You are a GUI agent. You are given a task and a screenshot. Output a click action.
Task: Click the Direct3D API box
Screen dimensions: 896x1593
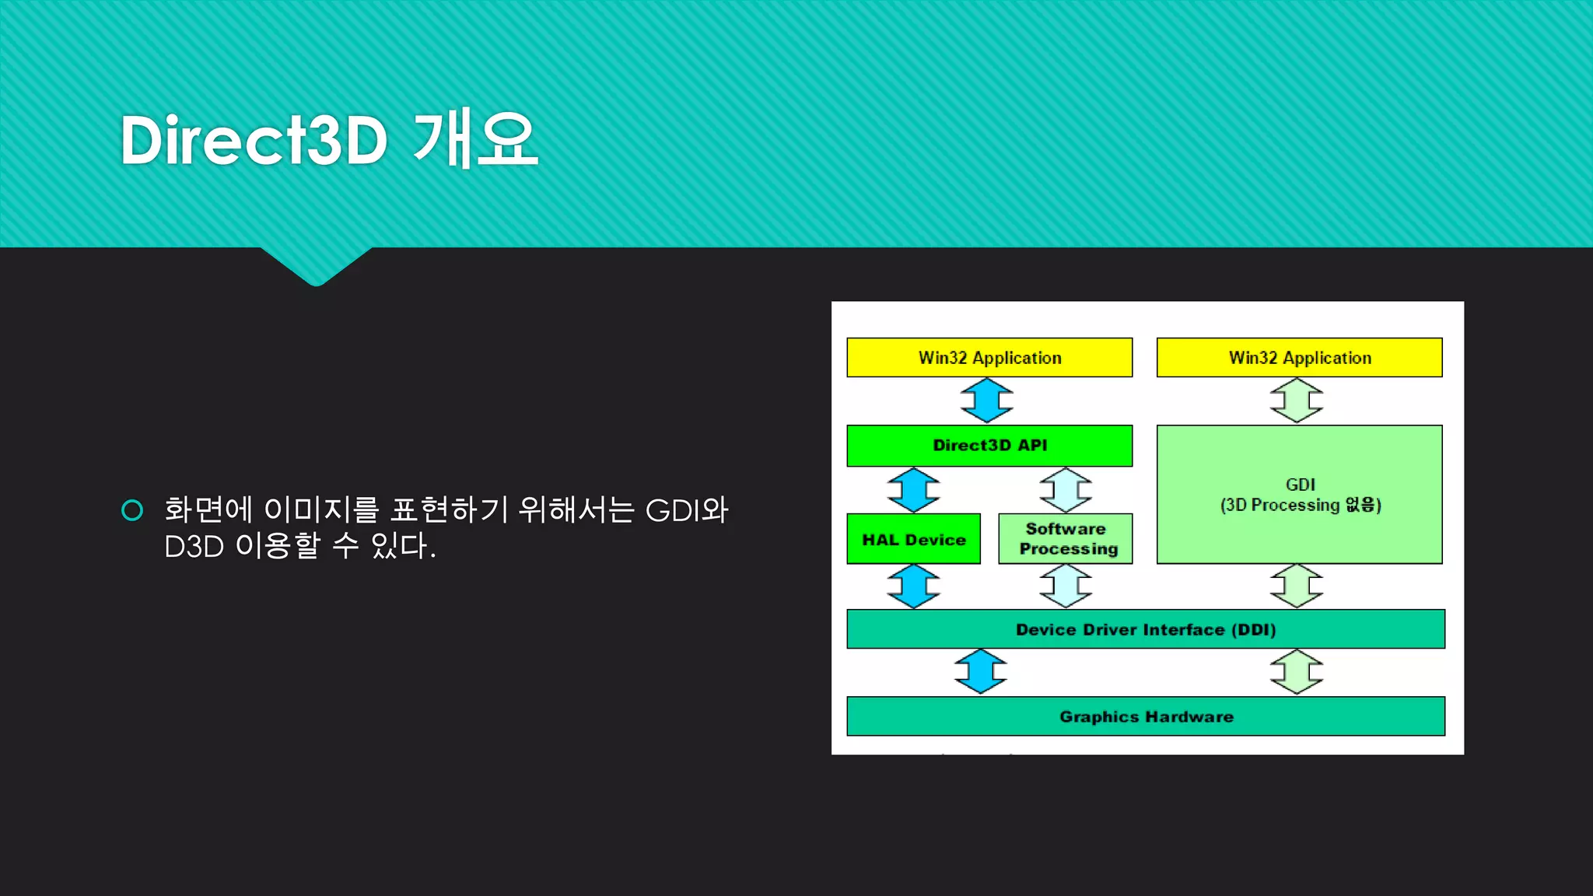point(989,446)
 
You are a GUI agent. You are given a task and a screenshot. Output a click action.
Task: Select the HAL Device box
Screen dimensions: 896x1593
point(913,539)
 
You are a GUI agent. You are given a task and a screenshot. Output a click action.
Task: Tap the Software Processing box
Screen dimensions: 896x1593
point(1066,539)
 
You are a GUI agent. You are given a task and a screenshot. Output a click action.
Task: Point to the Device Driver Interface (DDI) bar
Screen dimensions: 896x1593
point(1146,629)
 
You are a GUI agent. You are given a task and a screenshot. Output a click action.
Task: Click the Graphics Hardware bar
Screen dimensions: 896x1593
point(1146,716)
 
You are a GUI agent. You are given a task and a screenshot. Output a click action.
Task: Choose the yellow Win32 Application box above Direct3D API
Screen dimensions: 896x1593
point(989,358)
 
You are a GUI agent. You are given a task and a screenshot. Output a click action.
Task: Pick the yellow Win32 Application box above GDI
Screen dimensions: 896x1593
point(1299,358)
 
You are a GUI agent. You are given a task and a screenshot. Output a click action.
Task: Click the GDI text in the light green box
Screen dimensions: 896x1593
point(1300,485)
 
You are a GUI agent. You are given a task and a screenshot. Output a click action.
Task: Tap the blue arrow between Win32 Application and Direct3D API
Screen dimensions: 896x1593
point(986,401)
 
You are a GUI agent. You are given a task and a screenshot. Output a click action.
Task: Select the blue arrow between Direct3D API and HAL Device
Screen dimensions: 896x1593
point(914,490)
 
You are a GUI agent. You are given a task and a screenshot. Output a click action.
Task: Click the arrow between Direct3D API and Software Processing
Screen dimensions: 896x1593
point(1066,490)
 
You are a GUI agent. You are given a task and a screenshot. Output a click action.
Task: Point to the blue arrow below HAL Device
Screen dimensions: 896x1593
point(914,586)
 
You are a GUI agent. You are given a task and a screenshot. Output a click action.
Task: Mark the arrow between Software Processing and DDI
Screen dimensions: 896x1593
point(1066,586)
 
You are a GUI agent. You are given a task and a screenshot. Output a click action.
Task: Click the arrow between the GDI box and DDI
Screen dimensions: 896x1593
point(1297,586)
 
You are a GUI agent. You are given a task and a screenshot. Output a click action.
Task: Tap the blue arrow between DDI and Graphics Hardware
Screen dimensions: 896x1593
point(981,672)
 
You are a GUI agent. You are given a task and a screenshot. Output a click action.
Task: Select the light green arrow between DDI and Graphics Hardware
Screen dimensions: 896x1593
point(1297,672)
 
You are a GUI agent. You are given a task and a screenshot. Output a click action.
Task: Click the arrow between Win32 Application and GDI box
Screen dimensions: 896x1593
point(1297,401)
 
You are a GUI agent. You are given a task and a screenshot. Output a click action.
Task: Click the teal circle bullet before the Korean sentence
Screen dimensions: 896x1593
point(132,510)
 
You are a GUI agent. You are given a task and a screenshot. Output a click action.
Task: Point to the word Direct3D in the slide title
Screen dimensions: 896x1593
point(254,141)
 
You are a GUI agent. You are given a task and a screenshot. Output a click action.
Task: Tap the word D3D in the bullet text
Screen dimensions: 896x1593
point(194,547)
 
